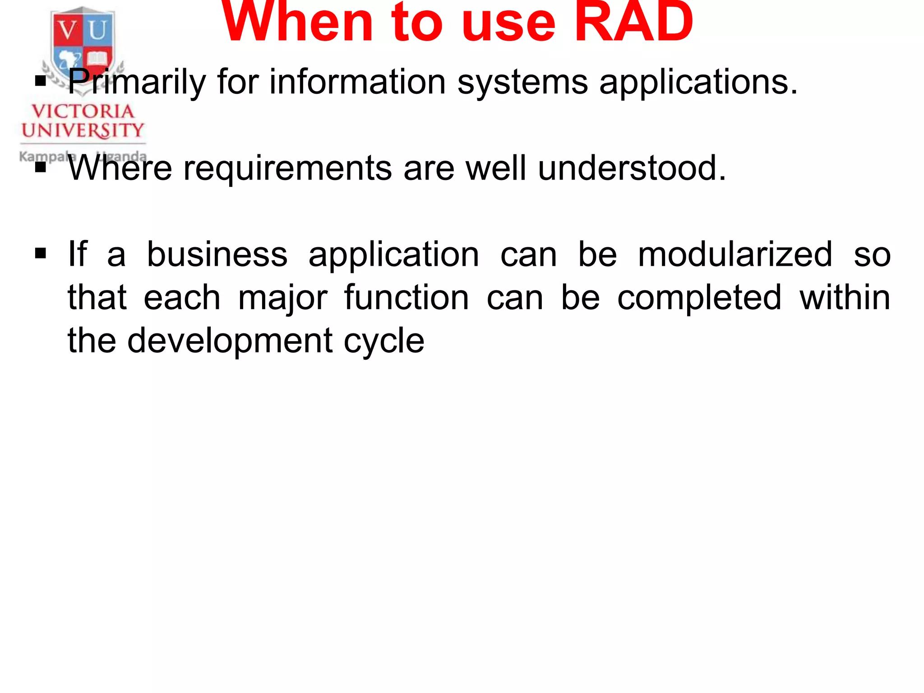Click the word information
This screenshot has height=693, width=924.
coord(357,82)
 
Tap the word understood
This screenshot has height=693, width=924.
coord(632,168)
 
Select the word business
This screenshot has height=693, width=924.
coord(217,254)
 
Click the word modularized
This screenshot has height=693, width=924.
coord(735,254)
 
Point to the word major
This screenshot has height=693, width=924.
coord(282,298)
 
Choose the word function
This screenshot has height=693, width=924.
coord(407,297)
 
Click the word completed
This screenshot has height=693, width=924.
coord(699,298)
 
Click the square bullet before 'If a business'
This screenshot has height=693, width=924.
coord(41,254)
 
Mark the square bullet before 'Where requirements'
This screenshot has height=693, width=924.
coord(41,167)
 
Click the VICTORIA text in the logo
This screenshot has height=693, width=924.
coord(83,111)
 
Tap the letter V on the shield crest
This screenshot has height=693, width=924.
coord(68,31)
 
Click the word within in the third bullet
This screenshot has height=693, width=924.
coord(845,297)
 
